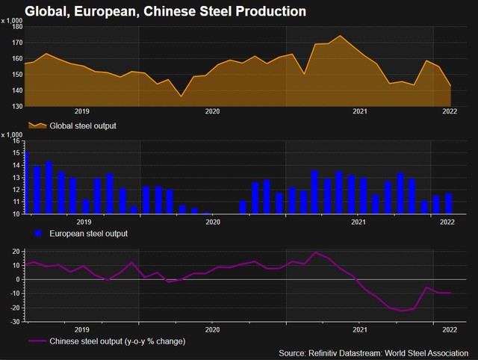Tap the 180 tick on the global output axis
click(x=18, y=27)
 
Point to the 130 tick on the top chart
click(x=18, y=107)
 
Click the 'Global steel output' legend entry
click(x=82, y=125)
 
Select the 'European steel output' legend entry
click(x=87, y=234)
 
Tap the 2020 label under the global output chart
click(x=212, y=112)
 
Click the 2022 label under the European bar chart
click(x=448, y=222)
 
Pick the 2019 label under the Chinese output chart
click(x=83, y=329)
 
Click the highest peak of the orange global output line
click(x=341, y=36)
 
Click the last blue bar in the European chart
click(x=449, y=204)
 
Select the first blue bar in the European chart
click(x=26, y=184)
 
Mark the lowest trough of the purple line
click(x=403, y=311)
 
